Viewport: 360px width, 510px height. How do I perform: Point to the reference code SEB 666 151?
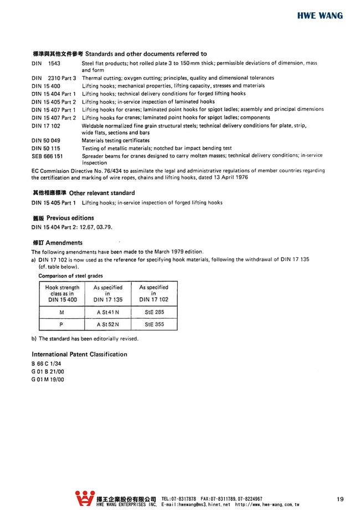coord(47,157)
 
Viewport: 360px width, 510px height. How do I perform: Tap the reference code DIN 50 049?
coord(46,141)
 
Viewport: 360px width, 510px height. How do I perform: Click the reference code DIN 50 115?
coord(46,149)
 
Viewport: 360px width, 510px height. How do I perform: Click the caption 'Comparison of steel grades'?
coord(70,276)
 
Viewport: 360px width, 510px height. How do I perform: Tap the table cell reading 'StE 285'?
coord(154,312)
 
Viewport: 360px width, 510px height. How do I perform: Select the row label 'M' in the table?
coord(61,312)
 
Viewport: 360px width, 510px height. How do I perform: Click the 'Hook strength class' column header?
coord(61,293)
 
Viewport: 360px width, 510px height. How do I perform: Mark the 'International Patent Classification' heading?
coord(79,354)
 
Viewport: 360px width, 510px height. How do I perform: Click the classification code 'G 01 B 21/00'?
coord(48,371)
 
